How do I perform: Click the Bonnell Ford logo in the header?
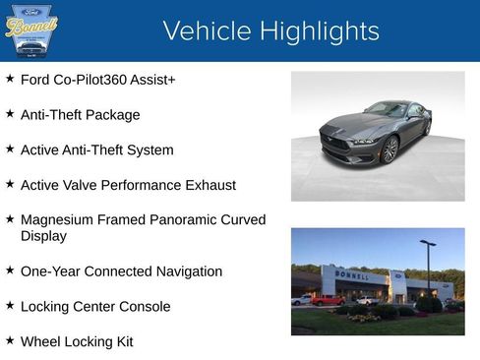(x=30, y=31)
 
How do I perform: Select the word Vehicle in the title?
(x=205, y=31)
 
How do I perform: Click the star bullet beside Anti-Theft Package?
(x=10, y=114)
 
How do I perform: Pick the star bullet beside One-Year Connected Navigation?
(x=10, y=270)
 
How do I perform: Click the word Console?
(x=143, y=306)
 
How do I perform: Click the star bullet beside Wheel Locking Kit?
(x=10, y=340)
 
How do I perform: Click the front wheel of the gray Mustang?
(x=390, y=150)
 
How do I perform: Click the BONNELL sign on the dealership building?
(x=352, y=276)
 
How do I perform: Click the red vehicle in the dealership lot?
(x=328, y=300)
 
